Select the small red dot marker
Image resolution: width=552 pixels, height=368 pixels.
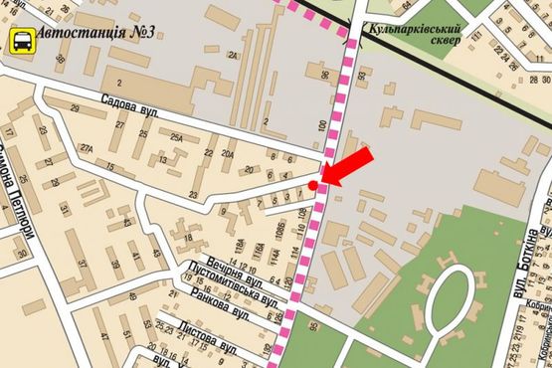(313, 185)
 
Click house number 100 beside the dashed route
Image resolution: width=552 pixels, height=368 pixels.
(321, 127)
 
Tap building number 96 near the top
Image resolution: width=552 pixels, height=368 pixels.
(324, 76)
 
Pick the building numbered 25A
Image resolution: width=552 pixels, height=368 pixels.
(177, 137)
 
